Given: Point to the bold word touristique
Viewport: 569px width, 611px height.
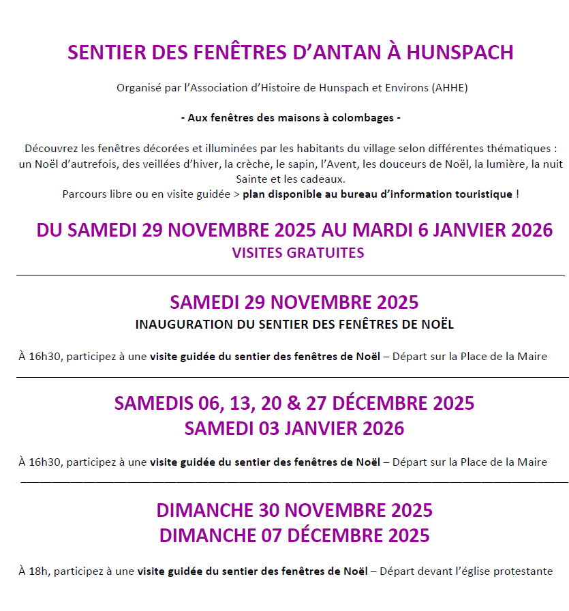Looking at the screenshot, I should (x=479, y=194).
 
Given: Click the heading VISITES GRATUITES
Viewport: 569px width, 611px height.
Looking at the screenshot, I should (x=298, y=253).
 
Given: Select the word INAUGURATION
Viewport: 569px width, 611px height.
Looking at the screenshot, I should (x=184, y=325).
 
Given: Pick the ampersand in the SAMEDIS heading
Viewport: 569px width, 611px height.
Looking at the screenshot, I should (x=294, y=404).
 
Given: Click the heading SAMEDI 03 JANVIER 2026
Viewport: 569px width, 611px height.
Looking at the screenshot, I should (x=294, y=429).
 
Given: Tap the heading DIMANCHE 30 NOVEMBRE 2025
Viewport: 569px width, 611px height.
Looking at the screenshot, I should (x=294, y=510).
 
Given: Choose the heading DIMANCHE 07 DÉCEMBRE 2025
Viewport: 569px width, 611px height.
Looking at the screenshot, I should (x=294, y=535).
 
